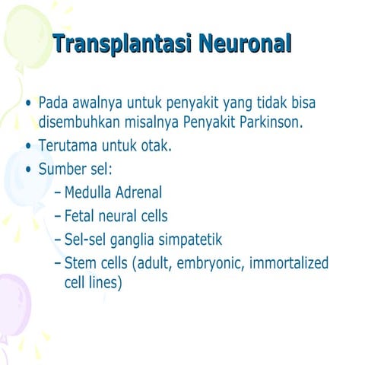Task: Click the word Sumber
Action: point(62,169)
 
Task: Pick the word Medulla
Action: point(88,193)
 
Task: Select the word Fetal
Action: point(81,217)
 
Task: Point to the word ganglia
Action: point(131,241)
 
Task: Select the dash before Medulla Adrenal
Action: point(58,194)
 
